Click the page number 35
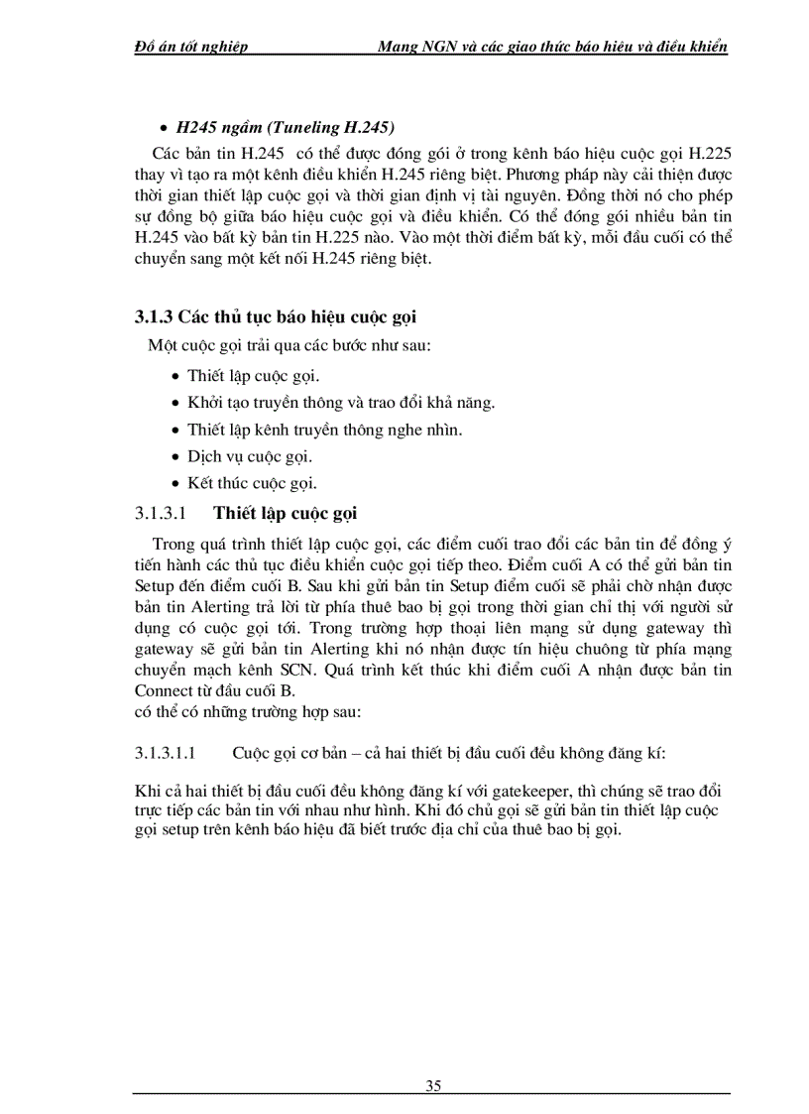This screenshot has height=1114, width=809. (433, 1084)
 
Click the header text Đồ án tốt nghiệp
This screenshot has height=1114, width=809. (190, 47)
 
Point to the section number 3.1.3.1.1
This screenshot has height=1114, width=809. (170, 752)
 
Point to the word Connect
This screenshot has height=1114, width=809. (166, 691)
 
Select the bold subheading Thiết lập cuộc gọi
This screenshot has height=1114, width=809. (286, 513)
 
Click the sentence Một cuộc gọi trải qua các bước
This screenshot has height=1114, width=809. (277, 345)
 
